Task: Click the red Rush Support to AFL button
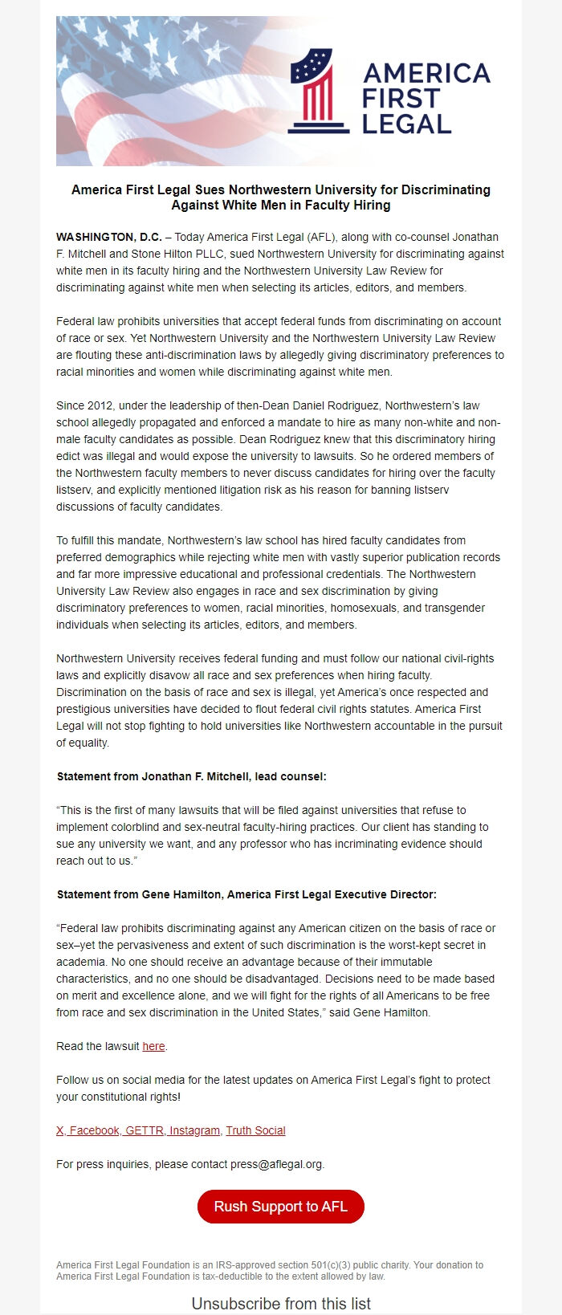(x=280, y=1207)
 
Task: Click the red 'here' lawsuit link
(x=153, y=1046)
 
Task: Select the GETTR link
(x=145, y=1130)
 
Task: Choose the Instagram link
(x=194, y=1130)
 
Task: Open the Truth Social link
(x=255, y=1130)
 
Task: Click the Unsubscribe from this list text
(x=281, y=1304)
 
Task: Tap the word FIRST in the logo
(x=401, y=99)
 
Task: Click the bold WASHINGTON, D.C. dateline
(x=108, y=237)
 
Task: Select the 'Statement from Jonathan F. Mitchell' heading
(x=191, y=776)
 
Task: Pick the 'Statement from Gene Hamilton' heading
(x=246, y=894)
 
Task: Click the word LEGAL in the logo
(x=406, y=124)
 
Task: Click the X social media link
(x=59, y=1130)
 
